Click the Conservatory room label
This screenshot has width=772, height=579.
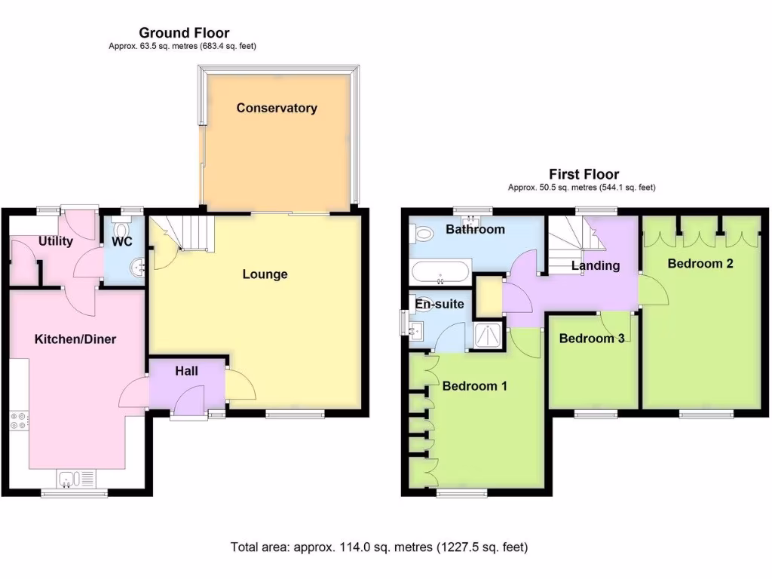(277, 108)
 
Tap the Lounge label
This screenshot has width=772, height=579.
(265, 274)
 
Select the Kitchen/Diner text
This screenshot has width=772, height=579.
(75, 339)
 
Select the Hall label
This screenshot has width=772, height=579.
(186, 371)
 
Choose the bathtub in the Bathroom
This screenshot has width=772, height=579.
(440, 269)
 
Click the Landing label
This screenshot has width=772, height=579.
(595, 265)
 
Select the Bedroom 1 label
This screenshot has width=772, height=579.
(474, 386)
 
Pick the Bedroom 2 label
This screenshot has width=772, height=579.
(700, 264)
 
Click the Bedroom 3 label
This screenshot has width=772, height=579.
(591, 339)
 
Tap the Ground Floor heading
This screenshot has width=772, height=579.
(184, 32)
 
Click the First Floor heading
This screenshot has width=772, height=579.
(584, 174)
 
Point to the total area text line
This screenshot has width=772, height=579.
(378, 547)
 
